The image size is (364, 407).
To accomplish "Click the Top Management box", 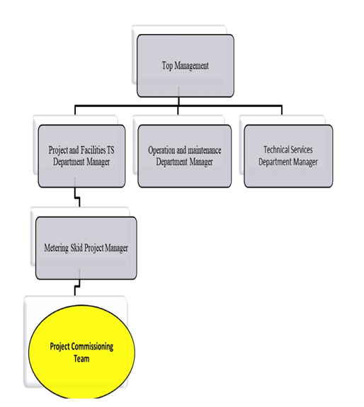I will [x=185, y=66].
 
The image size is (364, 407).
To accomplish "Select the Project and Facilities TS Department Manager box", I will [x=81, y=156].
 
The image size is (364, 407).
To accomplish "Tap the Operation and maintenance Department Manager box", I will [x=185, y=156].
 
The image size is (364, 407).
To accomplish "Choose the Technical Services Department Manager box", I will [x=288, y=156].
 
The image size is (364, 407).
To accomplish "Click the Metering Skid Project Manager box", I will [x=86, y=248].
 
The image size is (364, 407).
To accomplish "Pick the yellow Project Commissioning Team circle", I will [x=81, y=352].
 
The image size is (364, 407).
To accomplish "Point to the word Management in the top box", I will [x=192, y=66].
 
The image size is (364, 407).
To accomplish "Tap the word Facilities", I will [x=90, y=151].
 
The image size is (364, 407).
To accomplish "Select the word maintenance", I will [x=203, y=151].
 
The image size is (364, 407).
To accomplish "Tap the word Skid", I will [x=86, y=248].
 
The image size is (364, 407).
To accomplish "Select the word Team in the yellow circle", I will [x=81, y=359].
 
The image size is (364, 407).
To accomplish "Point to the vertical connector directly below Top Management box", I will [x=178, y=102].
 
